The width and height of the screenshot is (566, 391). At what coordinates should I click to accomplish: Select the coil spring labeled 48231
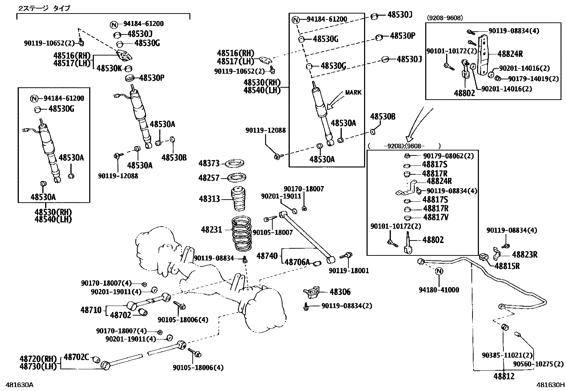[x=242, y=233]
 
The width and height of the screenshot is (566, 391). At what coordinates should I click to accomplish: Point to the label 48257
[x=209, y=178]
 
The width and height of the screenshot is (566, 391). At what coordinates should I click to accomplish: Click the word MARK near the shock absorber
[x=353, y=93]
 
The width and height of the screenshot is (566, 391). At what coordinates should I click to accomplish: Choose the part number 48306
[x=340, y=292]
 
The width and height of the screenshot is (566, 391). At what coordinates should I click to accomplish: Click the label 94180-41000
[x=439, y=290]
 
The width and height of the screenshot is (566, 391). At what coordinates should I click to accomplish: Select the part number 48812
[x=504, y=376]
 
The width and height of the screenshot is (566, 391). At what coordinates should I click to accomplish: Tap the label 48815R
[x=507, y=266]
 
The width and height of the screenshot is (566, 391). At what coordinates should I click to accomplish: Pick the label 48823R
[x=524, y=254]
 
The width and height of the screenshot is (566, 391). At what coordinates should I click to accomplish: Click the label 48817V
[x=436, y=217]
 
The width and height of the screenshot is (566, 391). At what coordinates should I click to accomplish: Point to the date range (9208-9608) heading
[x=444, y=18]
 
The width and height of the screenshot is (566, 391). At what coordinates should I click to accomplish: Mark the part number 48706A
[x=296, y=263]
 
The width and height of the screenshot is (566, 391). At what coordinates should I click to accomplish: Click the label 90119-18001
[x=349, y=271]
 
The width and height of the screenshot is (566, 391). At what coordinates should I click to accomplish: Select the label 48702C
[x=76, y=357]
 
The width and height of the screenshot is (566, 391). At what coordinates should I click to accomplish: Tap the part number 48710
[x=91, y=310]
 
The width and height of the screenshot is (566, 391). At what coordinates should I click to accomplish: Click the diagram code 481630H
[x=551, y=385]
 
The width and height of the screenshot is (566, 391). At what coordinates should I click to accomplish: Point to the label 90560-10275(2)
[x=538, y=364]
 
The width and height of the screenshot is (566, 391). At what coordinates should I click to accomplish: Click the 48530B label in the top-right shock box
[x=383, y=117]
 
